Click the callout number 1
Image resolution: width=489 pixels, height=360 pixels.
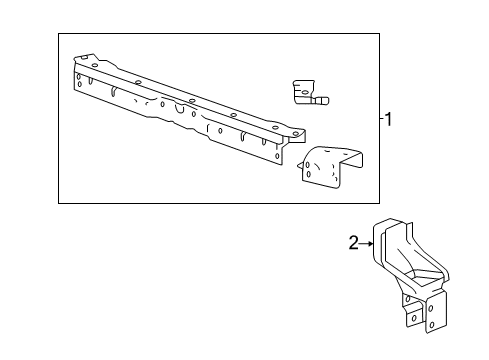pos(389,120)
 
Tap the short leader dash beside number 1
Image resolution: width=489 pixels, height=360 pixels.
pos(381,120)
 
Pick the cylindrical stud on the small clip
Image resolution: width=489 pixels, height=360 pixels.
pos(324,100)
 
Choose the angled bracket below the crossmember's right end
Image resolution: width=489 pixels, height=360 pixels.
pos(331,164)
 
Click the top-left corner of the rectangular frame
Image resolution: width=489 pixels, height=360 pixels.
pos(58,33)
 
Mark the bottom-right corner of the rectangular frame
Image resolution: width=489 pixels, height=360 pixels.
pos(380,203)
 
